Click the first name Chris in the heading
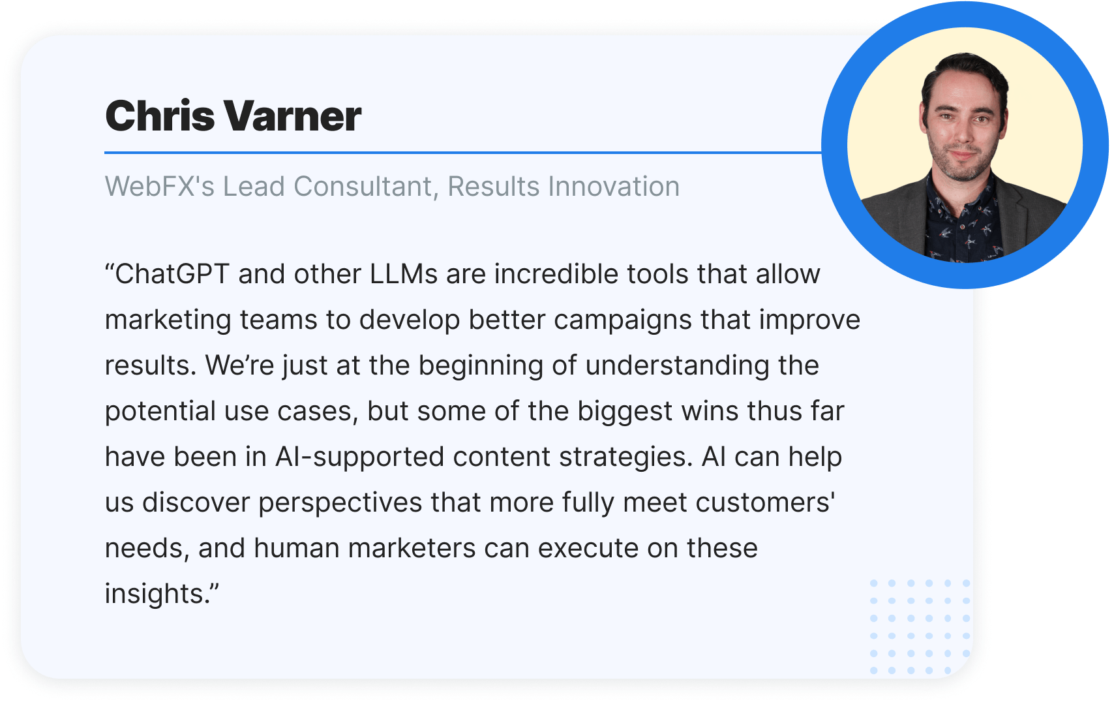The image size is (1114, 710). tap(160, 116)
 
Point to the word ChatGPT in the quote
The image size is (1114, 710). tap(172, 273)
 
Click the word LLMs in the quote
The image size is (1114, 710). tap(403, 273)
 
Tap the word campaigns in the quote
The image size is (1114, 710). tap(623, 320)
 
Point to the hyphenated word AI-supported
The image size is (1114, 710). tap(359, 457)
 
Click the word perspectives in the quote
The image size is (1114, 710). tap(340, 503)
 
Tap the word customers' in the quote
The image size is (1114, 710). tap(765, 502)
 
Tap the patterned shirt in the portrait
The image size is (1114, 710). tap(962, 224)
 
